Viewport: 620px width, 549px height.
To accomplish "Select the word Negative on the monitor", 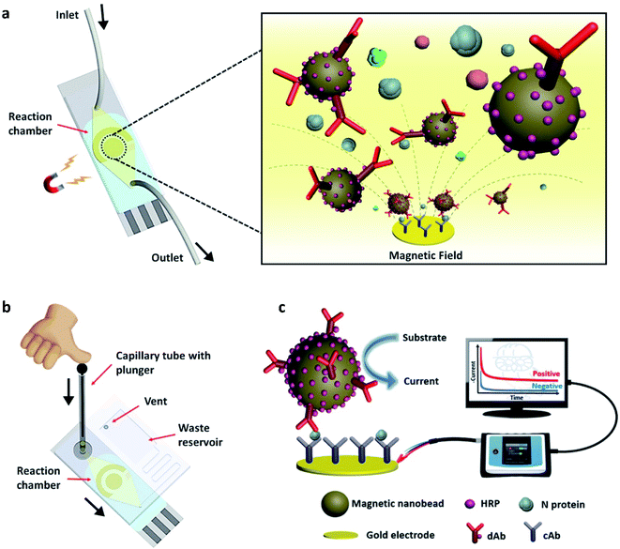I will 536,386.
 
